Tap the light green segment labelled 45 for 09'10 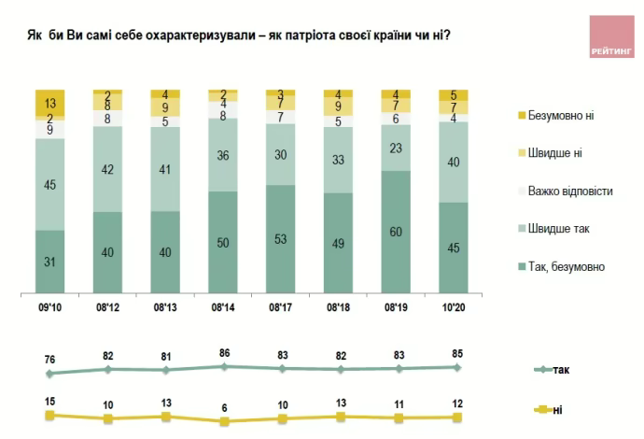(50, 183)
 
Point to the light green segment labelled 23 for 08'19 (396, 148)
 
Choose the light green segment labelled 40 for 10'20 (454, 162)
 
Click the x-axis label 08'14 (223, 305)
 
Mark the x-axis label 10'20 (454, 305)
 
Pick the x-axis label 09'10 (50, 305)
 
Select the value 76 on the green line (51, 361)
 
